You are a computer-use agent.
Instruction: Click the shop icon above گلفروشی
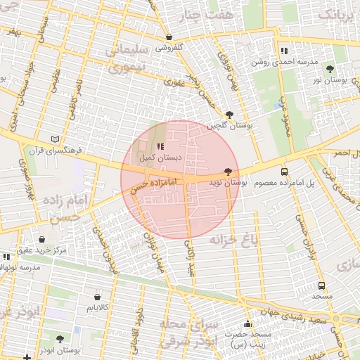click(169, 37)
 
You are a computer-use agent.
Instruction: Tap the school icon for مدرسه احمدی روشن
click(283, 51)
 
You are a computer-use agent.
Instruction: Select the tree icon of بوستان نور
click(330, 69)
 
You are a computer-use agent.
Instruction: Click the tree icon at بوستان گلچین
click(229, 114)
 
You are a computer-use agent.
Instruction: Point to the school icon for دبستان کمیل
click(160, 147)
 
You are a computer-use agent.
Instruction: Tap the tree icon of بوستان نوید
click(227, 172)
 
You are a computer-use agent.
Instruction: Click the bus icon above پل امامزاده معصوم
click(284, 172)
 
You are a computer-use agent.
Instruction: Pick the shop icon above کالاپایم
click(96, 297)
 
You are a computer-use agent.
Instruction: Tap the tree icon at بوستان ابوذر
click(60, 338)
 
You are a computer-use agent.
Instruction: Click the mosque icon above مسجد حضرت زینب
click(247, 324)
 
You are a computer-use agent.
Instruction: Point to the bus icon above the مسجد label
click(322, 285)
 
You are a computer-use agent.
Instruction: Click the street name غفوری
click(174, 82)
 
